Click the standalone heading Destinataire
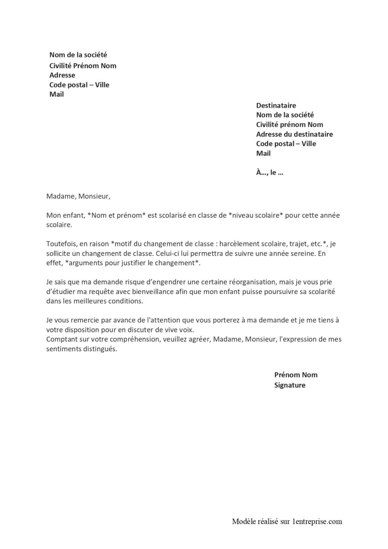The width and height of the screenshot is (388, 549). click(276, 106)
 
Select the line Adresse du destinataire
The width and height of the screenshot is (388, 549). click(294, 134)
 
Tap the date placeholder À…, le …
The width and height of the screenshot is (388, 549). click(270, 173)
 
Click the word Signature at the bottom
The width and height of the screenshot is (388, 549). click(290, 385)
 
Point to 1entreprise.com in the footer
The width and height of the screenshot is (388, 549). click(317, 522)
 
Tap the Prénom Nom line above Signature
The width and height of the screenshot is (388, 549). click(296, 375)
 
